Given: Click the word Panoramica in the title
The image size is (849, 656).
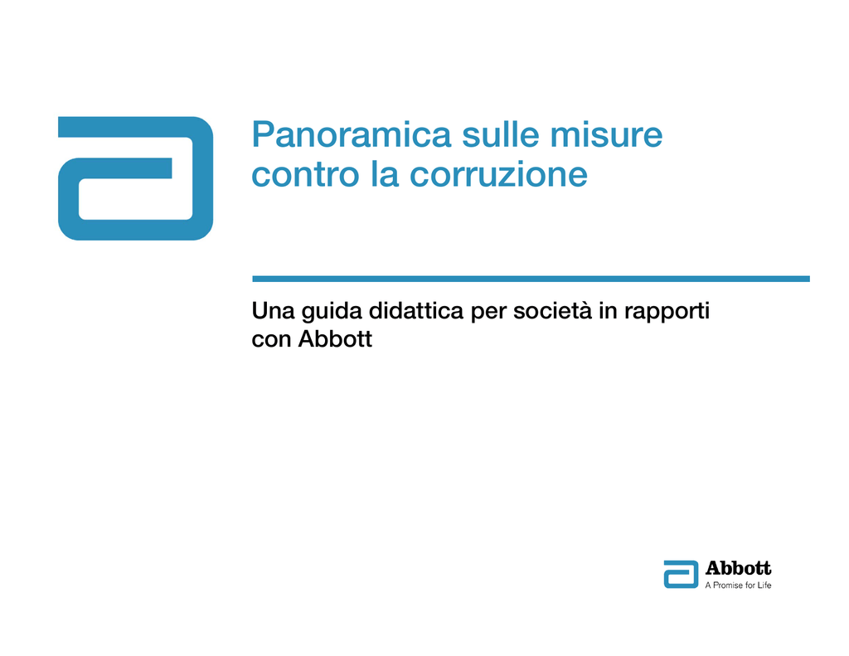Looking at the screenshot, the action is coord(352,134).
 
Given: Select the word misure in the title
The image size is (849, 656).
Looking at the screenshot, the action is coord(606,134).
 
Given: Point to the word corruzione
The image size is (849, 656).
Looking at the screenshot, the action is coord(498,174).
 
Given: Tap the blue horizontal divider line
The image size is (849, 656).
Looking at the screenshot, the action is coord(531,279).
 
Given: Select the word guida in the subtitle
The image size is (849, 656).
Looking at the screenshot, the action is coord(332,312).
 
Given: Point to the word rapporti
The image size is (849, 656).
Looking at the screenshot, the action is coord(667,312).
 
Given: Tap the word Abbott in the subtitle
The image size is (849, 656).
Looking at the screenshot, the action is coord(335,339).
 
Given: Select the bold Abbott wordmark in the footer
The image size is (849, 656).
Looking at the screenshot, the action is coord(738,568).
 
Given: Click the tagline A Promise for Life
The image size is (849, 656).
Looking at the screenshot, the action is coord(738,585).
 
